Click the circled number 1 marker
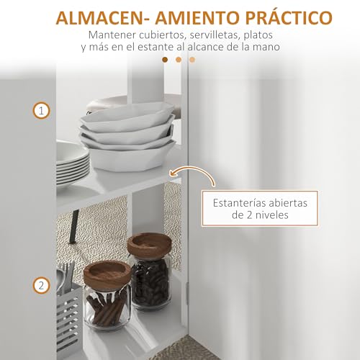pos(42,111)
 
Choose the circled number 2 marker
pos(42,287)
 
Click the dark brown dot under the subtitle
pos(166,60)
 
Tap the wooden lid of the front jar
pos(107,272)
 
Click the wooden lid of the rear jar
pos(149,243)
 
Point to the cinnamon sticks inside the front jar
pos(107,306)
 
